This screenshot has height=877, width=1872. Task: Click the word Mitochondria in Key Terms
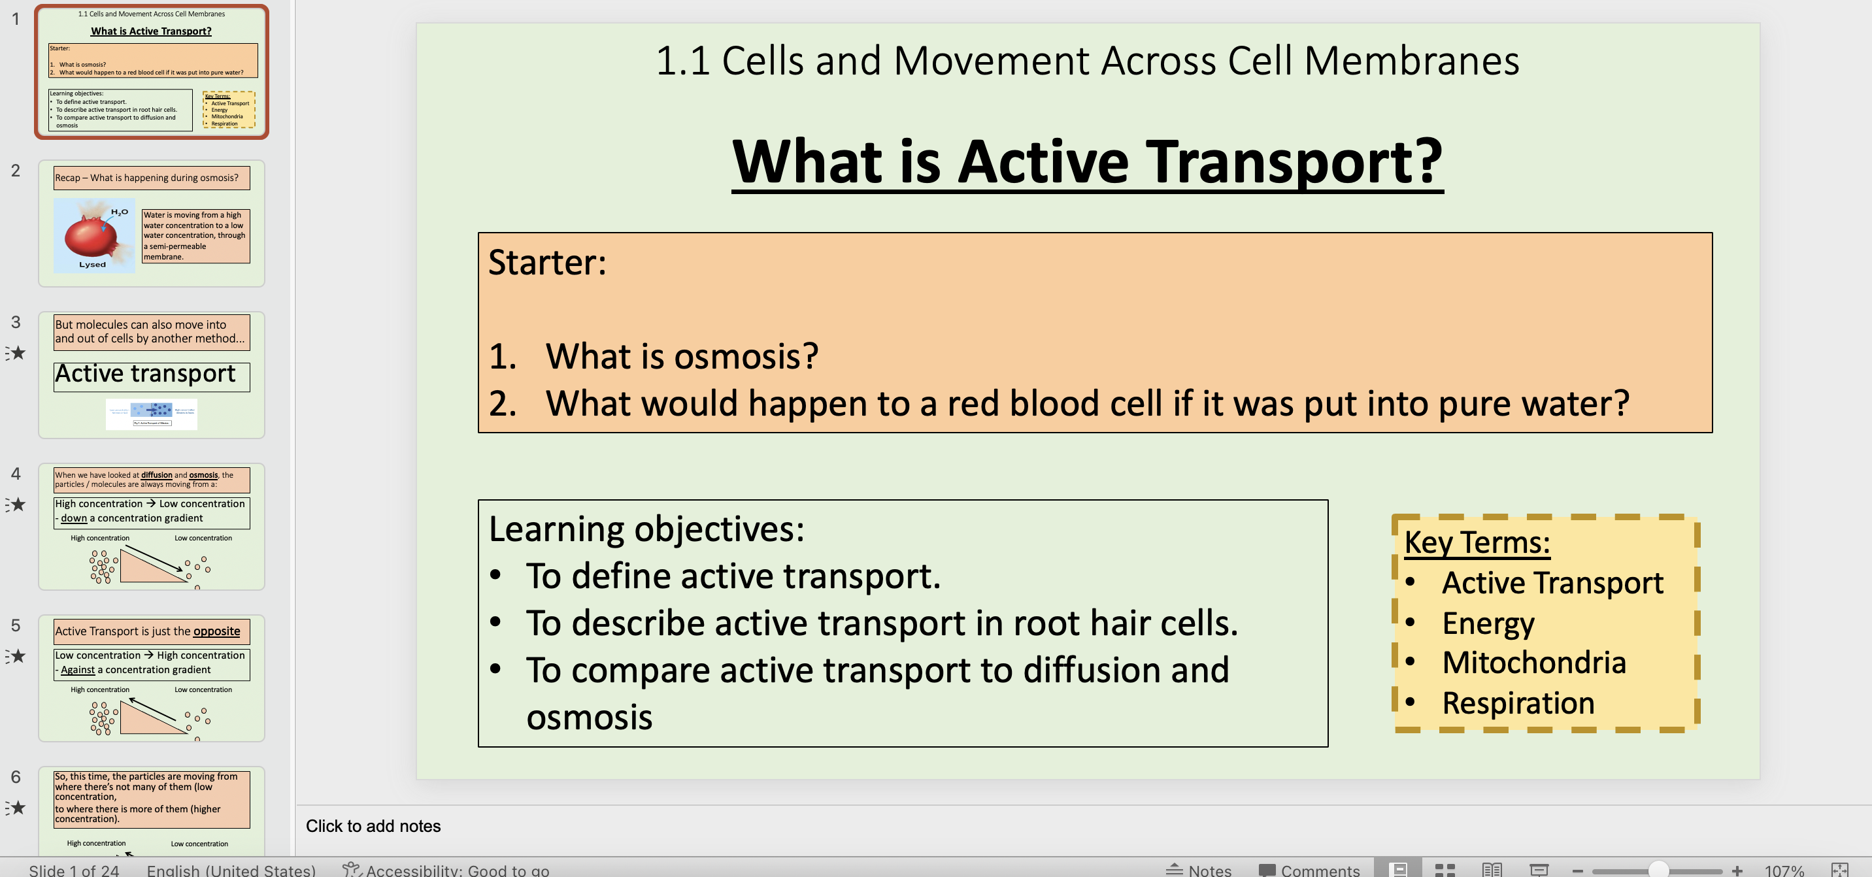pyautogui.click(x=1533, y=663)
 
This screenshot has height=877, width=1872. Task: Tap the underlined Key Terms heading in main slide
pyautogui.click(x=1477, y=543)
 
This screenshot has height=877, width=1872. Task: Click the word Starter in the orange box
pyautogui.click(x=546, y=262)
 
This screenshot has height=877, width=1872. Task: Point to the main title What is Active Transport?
pyautogui.click(x=1087, y=161)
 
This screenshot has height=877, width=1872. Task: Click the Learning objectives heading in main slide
pyautogui.click(x=646, y=529)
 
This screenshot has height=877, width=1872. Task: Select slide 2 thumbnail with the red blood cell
pyautogui.click(x=151, y=223)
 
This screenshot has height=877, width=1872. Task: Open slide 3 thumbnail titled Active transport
pyautogui.click(x=151, y=374)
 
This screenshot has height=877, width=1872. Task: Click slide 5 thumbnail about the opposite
pyautogui.click(x=151, y=677)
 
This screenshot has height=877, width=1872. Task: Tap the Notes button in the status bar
pyautogui.click(x=1199, y=870)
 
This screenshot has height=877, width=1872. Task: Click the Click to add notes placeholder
pyautogui.click(x=373, y=826)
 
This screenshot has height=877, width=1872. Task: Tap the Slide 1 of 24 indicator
pyautogui.click(x=73, y=870)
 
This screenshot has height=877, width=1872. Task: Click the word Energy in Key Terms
pyautogui.click(x=1488, y=623)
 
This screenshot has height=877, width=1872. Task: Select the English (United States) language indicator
pyautogui.click(x=231, y=870)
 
